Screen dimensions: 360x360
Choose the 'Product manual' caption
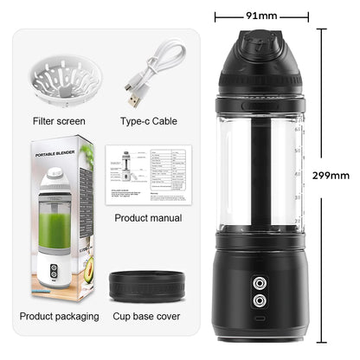click(x=148, y=218)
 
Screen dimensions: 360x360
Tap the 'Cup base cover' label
click(x=147, y=316)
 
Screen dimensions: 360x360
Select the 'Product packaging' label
click(x=59, y=316)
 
